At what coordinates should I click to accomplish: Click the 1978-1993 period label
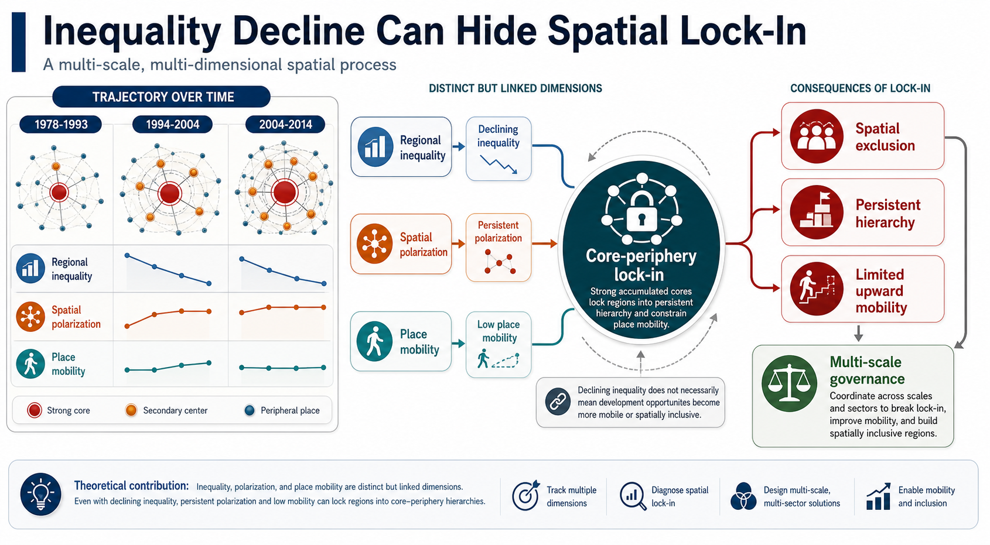61,125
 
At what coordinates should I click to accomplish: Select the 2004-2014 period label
285,125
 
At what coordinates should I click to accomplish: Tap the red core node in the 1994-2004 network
170,193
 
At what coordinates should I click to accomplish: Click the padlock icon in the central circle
641,212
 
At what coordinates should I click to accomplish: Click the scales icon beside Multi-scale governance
789,383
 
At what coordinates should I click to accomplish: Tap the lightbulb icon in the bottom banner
40,494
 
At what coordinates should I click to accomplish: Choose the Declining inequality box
499,148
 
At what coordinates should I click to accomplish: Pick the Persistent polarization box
499,248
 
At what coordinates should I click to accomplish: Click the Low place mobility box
499,344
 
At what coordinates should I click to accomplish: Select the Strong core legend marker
34,410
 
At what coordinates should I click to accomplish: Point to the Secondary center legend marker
131,410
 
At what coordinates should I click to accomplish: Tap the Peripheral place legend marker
250,410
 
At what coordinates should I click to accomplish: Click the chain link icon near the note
558,402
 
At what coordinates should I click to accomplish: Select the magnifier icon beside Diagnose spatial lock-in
633,496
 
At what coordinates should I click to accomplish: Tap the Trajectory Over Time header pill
161,97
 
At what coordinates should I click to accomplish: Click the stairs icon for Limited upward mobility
816,289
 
